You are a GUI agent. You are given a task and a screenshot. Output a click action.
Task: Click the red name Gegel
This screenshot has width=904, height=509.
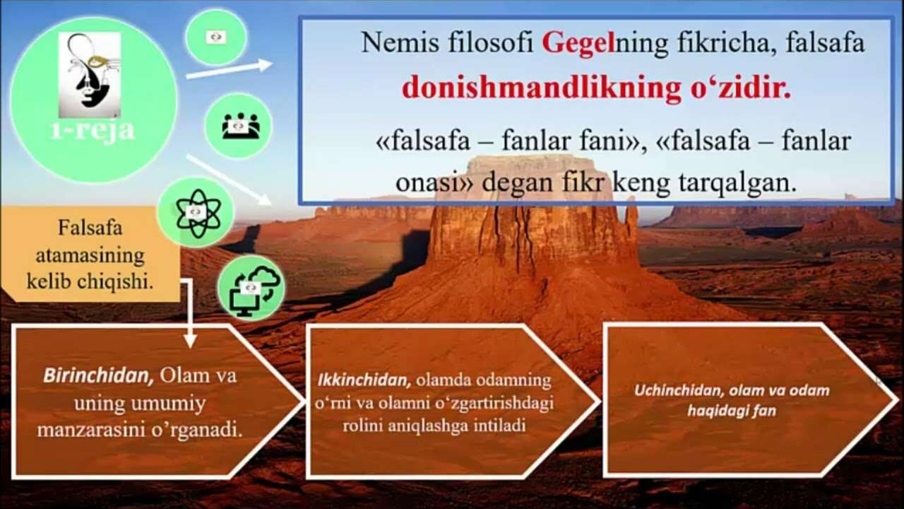tap(578, 42)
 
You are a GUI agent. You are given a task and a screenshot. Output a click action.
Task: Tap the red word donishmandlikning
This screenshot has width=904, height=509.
tap(541, 88)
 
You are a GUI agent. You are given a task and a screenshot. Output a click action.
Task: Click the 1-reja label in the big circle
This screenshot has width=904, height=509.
tap(93, 130)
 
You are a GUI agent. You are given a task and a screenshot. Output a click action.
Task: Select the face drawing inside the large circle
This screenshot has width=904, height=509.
tap(90, 75)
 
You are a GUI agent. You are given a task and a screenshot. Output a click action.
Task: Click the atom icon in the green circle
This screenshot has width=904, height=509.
tap(198, 213)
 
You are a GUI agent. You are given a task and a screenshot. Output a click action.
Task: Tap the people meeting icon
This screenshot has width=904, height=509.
tap(241, 126)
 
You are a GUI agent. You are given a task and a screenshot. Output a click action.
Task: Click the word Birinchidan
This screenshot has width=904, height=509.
tap(98, 376)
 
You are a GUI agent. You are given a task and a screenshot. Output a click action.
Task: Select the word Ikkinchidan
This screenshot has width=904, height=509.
tap(364, 380)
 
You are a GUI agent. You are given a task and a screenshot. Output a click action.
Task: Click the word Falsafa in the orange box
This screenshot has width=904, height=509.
tap(90, 228)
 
